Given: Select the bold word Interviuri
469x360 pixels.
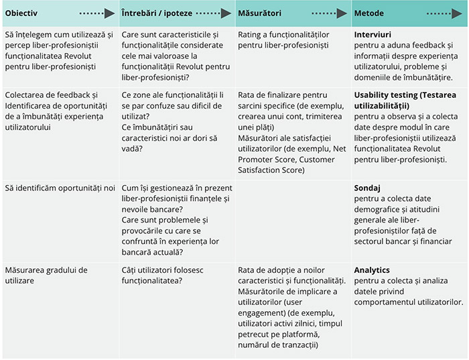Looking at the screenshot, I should tap(373, 34).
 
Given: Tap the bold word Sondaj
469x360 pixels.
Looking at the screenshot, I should tap(367, 188).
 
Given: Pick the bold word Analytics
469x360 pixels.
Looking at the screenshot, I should tap(372, 270).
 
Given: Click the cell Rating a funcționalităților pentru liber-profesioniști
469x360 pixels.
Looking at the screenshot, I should tap(283, 39).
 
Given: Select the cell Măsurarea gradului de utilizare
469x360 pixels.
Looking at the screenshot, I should tap(46, 276).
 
